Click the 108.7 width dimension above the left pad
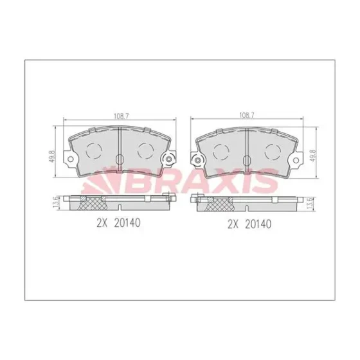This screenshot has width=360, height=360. (122, 116)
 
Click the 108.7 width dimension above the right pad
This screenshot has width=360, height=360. (247, 116)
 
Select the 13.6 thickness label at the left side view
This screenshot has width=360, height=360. (56, 203)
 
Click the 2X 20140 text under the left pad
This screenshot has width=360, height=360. (118, 222)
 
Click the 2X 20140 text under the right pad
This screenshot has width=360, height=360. (249, 224)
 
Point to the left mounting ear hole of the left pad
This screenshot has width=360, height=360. (71, 159)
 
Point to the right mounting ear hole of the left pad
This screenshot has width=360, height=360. (169, 159)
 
